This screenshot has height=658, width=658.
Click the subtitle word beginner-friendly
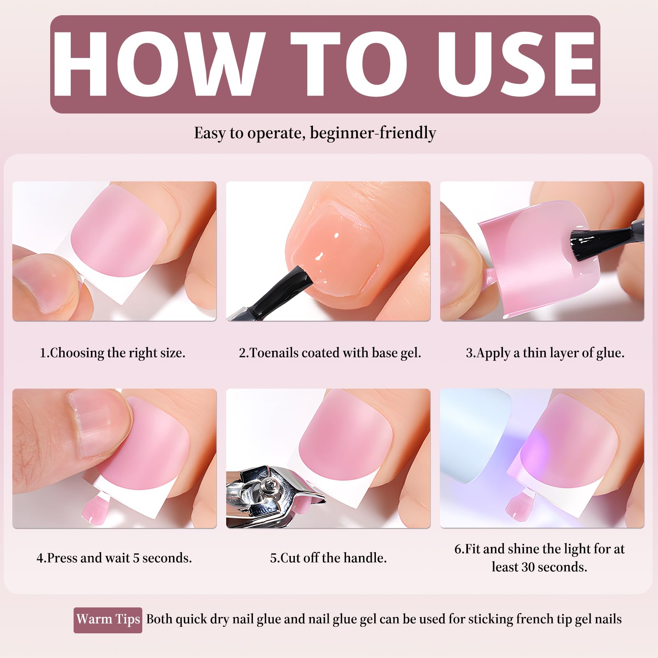coord(373,133)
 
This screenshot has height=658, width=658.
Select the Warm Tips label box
coord(108,620)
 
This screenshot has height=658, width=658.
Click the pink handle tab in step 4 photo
coord(93,507)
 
